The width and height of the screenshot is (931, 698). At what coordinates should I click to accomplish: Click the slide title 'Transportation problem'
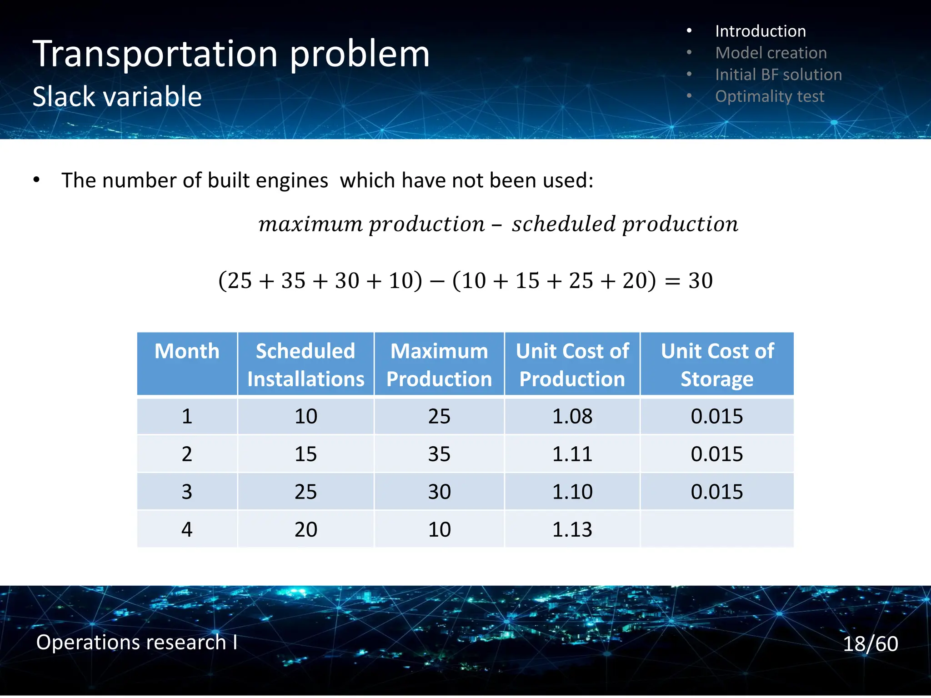point(231,55)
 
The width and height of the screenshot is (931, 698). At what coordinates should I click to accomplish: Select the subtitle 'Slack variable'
point(117,97)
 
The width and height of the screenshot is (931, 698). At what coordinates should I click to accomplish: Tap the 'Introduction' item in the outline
point(760,31)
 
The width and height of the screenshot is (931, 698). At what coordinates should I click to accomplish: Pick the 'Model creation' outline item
point(771,53)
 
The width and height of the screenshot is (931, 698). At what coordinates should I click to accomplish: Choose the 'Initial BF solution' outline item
point(778,75)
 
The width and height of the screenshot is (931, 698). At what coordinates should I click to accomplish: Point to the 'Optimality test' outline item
point(769,96)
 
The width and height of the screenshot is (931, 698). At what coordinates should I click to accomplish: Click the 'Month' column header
point(187,351)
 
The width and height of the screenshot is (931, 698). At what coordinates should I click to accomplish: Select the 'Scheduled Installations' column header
point(305,364)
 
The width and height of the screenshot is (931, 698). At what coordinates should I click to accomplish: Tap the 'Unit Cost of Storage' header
point(717,364)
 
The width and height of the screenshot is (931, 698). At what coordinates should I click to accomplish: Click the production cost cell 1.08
point(572,416)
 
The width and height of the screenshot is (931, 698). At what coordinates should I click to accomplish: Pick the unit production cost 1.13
point(572,529)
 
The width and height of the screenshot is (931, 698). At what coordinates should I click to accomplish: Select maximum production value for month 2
point(439,454)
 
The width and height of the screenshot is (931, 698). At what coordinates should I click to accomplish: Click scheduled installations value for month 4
point(305,529)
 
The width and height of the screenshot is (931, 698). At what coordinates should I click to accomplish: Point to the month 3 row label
point(187,492)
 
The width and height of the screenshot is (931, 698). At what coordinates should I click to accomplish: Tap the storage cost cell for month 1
point(717,416)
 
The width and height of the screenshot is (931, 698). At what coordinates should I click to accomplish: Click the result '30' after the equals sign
point(700,281)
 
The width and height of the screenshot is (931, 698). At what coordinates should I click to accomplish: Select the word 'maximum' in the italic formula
point(310,224)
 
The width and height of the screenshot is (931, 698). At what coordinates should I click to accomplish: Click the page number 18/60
point(870,644)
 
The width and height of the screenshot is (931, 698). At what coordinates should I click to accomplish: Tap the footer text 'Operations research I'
point(136,642)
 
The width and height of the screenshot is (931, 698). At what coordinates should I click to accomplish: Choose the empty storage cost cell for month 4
point(717,529)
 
